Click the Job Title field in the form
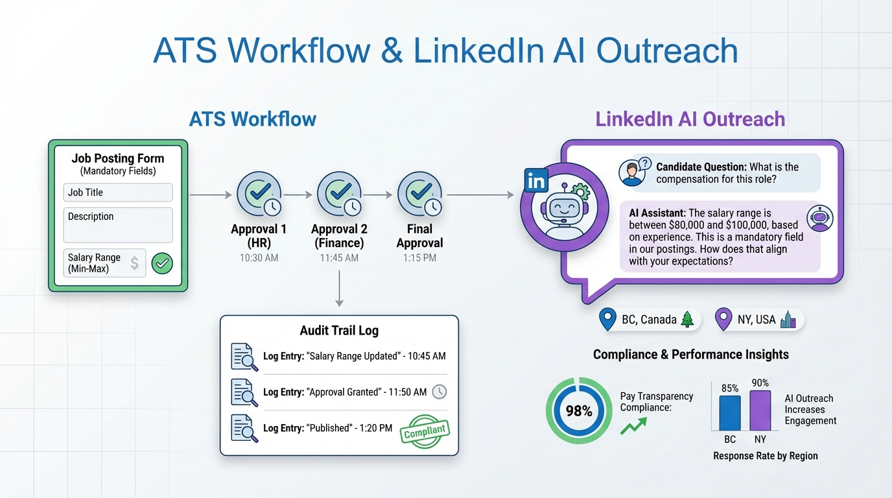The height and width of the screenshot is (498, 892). (118, 193)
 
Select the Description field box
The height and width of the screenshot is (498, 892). (118, 224)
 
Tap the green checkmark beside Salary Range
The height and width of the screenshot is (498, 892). (162, 263)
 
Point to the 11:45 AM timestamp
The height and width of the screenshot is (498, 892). (339, 258)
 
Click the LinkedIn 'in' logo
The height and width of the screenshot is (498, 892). (537, 181)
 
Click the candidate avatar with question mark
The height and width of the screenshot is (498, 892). (632, 172)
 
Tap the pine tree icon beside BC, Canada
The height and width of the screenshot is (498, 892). (687, 320)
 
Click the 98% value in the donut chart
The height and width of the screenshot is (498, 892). (578, 411)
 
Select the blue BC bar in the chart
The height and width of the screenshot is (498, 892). (730, 413)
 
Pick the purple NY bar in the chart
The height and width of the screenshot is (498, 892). (760, 410)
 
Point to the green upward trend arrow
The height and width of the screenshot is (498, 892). (633, 426)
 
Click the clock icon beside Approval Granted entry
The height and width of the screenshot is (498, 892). (440, 392)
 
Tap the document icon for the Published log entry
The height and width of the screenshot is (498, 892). (244, 428)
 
